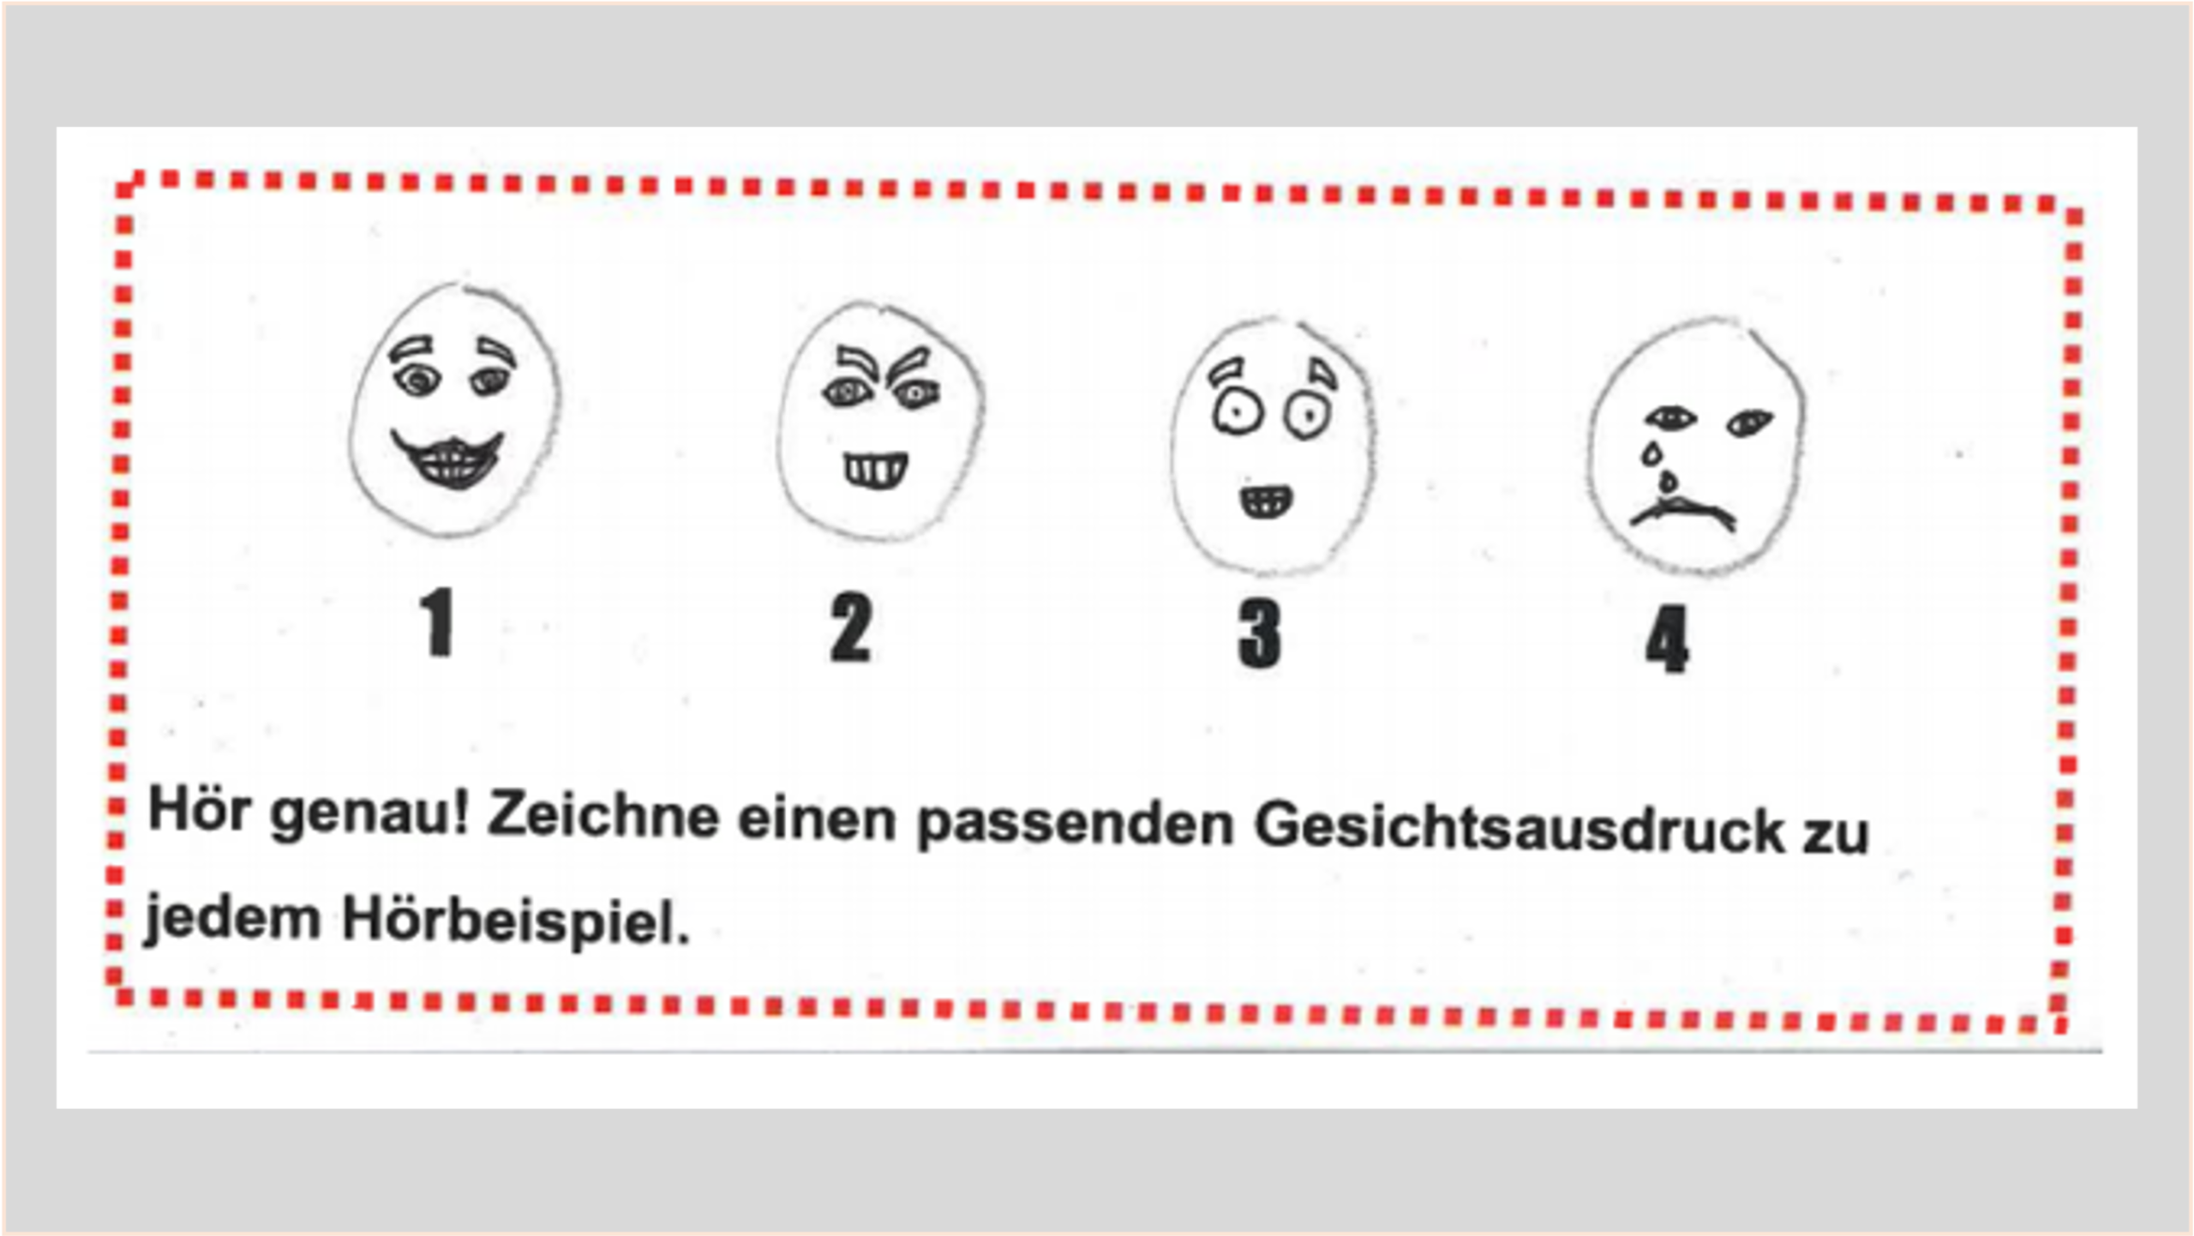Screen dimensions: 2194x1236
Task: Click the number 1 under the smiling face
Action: [438, 622]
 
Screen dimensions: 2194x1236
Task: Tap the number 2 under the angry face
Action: [851, 628]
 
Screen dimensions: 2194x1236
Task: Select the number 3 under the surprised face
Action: [1260, 634]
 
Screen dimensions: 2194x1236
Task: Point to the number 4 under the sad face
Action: [1667, 639]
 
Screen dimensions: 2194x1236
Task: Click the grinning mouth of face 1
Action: [447, 460]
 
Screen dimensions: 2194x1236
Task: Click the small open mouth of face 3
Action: [1267, 502]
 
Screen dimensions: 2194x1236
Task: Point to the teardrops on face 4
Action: [1659, 469]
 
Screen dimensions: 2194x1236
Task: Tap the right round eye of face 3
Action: [1307, 416]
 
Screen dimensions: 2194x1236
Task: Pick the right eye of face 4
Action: [1750, 423]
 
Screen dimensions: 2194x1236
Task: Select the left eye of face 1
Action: [417, 379]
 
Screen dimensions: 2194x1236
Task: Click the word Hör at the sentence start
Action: [200, 807]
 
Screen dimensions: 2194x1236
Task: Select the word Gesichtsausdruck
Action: [1519, 827]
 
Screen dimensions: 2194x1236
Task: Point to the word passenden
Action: [1076, 825]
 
